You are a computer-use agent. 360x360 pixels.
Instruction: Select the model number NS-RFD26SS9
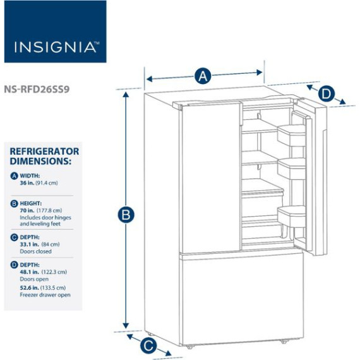tap(37, 89)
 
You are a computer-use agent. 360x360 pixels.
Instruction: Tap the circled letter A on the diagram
tap(203, 76)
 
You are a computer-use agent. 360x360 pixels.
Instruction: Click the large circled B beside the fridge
tap(126, 215)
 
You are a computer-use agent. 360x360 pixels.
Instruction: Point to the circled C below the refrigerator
tap(148, 345)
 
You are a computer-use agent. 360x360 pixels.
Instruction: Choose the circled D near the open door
tap(327, 94)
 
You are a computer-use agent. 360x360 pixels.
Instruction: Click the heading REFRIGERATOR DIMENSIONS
tap(44, 156)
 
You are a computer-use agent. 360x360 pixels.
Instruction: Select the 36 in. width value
tap(27, 183)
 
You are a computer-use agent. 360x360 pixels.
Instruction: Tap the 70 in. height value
tap(27, 210)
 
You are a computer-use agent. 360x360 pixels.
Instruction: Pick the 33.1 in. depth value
tap(30, 244)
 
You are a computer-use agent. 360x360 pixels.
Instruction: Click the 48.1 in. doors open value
tap(30, 272)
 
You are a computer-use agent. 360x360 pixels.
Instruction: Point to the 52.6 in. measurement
tap(30, 287)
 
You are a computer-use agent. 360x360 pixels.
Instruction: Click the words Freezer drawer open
tap(45, 295)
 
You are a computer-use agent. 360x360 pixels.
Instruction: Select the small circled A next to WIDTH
tap(14, 176)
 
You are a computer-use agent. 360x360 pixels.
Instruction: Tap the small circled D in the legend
tap(14, 265)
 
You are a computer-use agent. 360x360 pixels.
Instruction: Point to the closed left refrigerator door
tap(211, 178)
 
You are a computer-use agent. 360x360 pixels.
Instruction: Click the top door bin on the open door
tap(291, 135)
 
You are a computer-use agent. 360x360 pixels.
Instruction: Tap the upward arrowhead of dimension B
tap(126, 94)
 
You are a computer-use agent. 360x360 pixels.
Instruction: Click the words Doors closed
tap(35, 251)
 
